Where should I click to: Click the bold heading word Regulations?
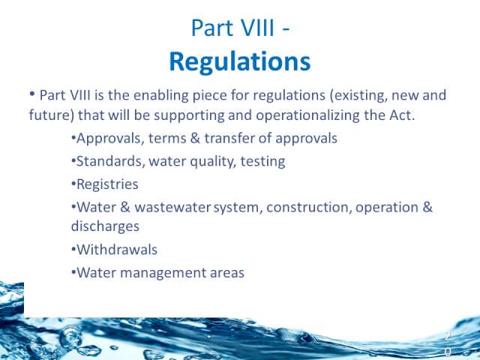[240, 62]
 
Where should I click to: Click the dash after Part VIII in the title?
[285, 29]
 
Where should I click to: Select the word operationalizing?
[307, 115]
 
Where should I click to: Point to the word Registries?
[107, 184]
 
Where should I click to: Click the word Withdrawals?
[117, 250]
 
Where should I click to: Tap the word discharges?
[105, 226]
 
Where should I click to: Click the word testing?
[262, 162]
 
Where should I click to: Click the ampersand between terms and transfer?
[195, 138]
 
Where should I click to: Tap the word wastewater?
[172, 208]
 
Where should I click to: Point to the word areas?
[227, 273]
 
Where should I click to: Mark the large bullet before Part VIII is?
[32, 94]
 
